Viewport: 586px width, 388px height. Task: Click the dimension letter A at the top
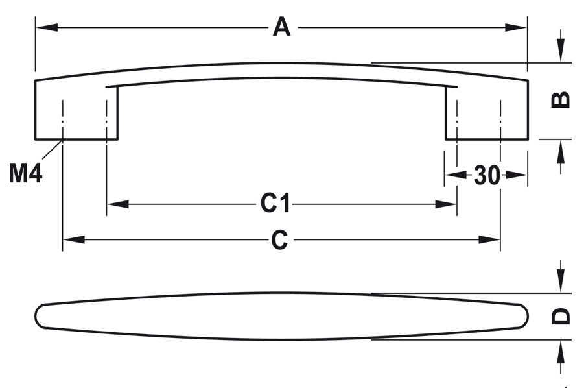pos(281,27)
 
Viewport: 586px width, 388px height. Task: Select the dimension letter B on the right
pos(561,99)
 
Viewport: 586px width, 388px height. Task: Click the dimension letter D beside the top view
pos(561,315)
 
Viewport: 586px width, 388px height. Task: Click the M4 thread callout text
pos(26,173)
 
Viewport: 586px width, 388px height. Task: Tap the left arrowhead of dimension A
pos(45,28)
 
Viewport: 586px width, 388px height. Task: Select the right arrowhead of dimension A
pos(518,28)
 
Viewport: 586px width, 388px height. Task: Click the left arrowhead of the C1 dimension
pos(117,204)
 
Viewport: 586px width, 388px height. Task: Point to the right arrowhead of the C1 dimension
pos(447,204)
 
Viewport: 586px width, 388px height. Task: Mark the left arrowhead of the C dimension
pos(73,240)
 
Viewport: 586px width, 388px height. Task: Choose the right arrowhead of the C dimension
pos(490,240)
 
